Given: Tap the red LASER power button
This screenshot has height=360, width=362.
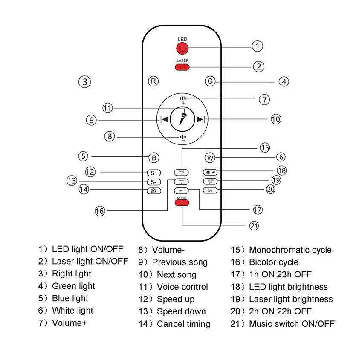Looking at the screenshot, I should point(182,67).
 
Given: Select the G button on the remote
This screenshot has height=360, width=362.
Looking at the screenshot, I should point(210,81).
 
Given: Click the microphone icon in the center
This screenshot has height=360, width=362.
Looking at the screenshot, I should point(182,119).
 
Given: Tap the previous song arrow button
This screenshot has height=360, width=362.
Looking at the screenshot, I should point(164,119).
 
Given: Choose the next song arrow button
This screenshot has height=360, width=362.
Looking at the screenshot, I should point(201,119).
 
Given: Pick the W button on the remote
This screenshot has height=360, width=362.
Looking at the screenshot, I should point(210,158).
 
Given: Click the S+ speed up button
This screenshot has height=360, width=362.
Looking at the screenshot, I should point(153,173).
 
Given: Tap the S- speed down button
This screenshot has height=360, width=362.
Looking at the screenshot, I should point(153,182).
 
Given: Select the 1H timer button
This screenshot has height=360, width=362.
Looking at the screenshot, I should point(180,191).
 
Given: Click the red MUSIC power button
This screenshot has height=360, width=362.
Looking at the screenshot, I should point(182,202).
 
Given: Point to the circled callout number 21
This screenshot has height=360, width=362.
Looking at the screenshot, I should point(254,225).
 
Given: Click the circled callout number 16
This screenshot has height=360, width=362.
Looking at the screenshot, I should point(100,210).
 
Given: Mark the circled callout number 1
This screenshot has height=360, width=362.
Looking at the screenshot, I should point(257,46).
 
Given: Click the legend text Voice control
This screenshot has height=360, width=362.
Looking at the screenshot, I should point(182,287).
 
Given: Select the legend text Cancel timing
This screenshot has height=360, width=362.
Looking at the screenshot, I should point(183,324).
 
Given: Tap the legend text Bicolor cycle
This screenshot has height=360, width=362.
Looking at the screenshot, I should point(274,262).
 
